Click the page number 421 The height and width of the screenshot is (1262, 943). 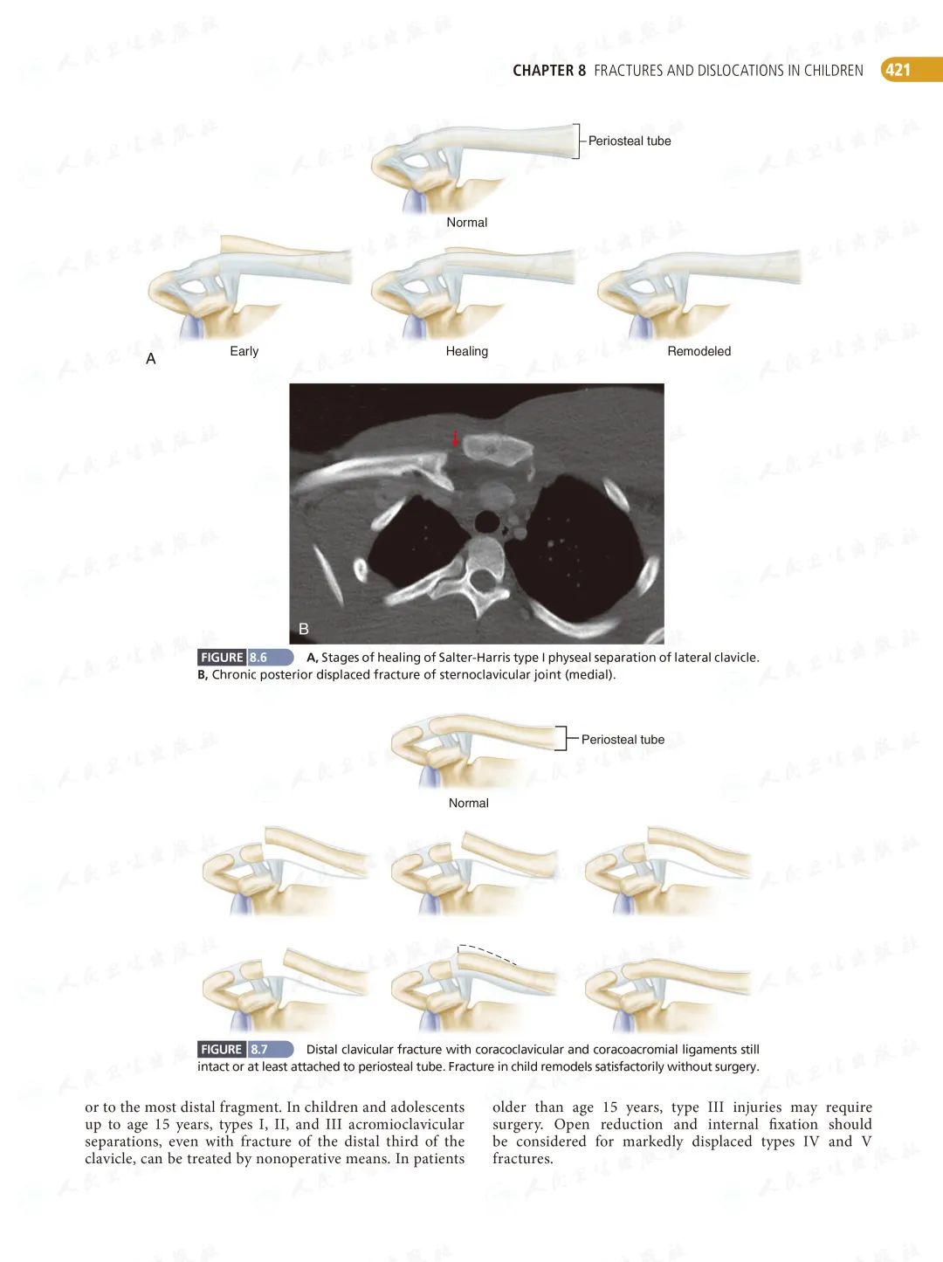point(898,70)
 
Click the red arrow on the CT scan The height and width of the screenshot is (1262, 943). point(455,438)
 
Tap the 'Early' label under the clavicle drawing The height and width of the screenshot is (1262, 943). point(244,351)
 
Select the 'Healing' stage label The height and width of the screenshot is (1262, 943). point(466,351)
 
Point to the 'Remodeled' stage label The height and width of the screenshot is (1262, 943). point(699,351)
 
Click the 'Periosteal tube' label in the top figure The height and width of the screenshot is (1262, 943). point(629,141)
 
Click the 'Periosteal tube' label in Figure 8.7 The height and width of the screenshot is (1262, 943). point(623,740)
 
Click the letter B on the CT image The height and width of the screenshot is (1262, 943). point(304,629)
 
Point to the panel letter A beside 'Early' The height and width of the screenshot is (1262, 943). point(151,359)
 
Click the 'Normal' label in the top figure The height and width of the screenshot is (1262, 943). point(466,223)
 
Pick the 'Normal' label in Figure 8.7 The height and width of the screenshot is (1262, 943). point(468,803)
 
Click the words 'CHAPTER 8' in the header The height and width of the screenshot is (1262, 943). point(549,71)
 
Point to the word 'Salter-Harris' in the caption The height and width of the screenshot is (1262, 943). point(478,658)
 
